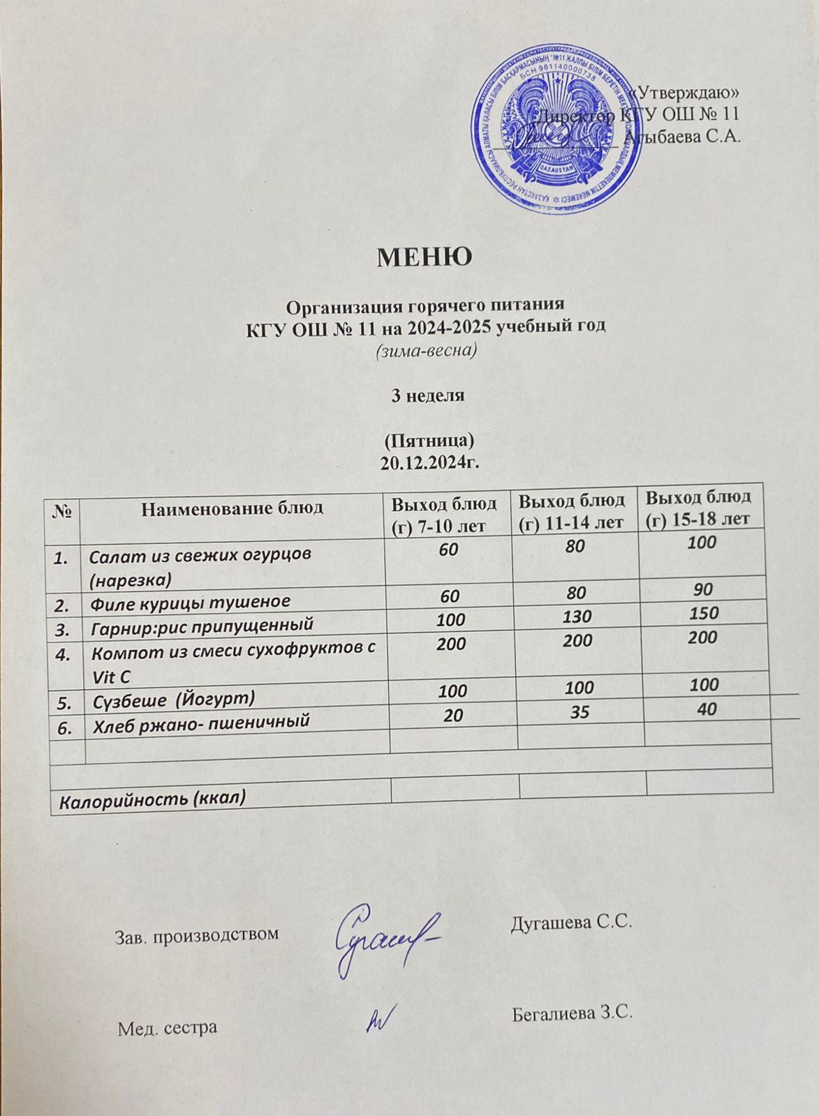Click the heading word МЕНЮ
point(425,257)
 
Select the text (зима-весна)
point(425,350)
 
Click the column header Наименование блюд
point(232,508)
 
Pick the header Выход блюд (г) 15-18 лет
point(698,508)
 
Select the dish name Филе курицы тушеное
point(191,601)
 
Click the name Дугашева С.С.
point(571,922)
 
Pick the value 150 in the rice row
point(703,614)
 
